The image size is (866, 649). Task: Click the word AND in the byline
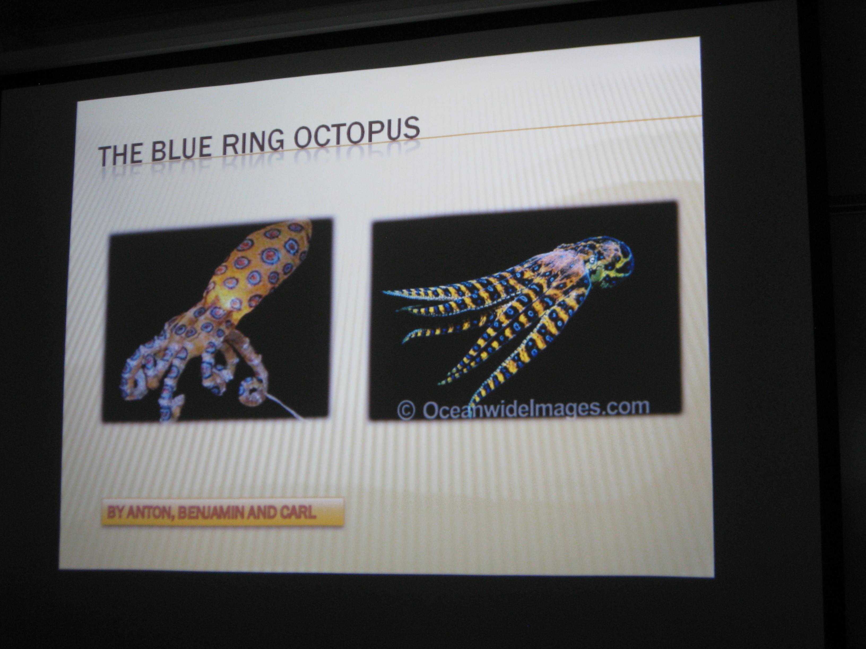(264, 513)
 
